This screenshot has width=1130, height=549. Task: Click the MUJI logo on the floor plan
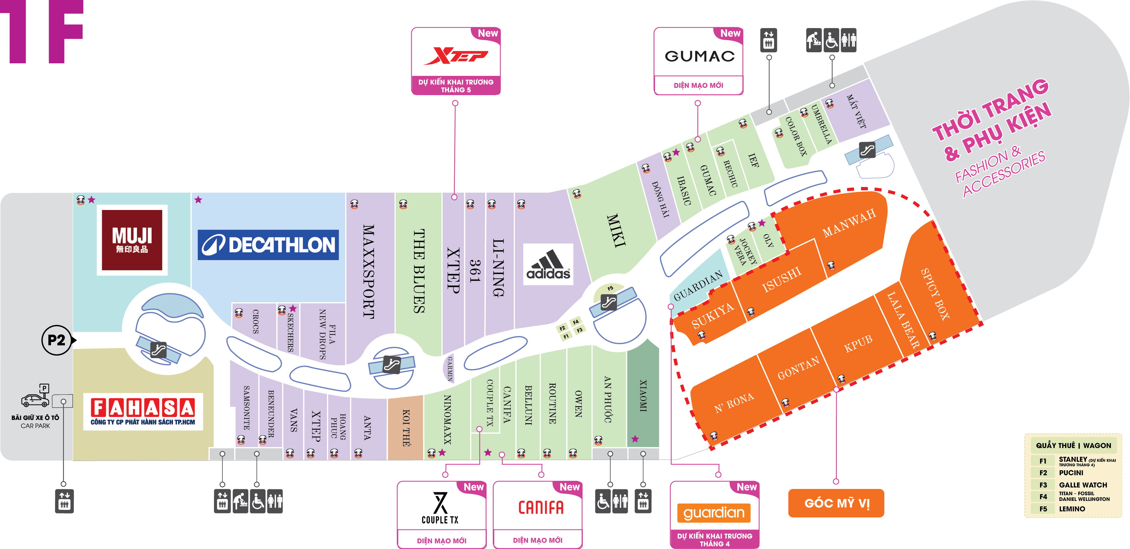132,240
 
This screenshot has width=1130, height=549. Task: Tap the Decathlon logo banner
268,245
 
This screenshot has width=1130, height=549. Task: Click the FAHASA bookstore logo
143,411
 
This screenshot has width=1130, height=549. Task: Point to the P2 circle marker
56,340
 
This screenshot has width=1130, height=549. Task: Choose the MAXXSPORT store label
368,272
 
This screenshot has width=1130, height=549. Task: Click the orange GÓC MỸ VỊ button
836,503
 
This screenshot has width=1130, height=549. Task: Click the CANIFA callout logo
540,507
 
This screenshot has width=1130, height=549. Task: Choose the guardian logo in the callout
714,512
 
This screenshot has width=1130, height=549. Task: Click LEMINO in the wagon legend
1072,509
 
